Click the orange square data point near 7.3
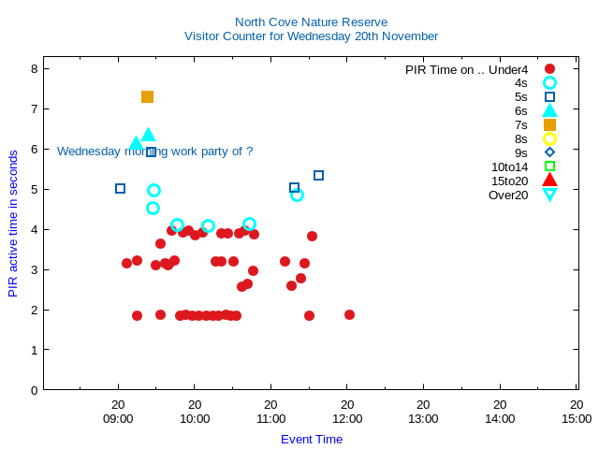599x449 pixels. (x=147, y=96)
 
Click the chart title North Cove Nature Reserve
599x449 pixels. (x=311, y=22)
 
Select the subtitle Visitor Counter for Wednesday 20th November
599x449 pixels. (x=311, y=36)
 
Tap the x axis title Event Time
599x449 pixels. (x=312, y=439)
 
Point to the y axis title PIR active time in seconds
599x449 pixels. (x=13, y=223)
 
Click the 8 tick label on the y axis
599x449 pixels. (x=34, y=68)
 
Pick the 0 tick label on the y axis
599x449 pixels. (x=34, y=390)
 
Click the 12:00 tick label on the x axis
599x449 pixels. (x=346, y=419)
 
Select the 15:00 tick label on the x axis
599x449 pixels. (x=577, y=419)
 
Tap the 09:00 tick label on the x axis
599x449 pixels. (x=118, y=419)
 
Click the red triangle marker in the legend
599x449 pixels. (x=549, y=181)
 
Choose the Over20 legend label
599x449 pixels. (x=508, y=195)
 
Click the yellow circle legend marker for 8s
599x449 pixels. (x=549, y=138)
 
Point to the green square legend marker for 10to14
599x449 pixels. (x=549, y=167)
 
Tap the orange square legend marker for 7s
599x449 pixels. (x=549, y=124)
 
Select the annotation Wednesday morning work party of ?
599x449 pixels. (x=154, y=151)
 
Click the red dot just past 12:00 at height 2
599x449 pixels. (x=349, y=314)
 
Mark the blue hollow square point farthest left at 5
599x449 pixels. (x=120, y=188)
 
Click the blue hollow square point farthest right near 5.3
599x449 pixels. (x=318, y=175)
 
